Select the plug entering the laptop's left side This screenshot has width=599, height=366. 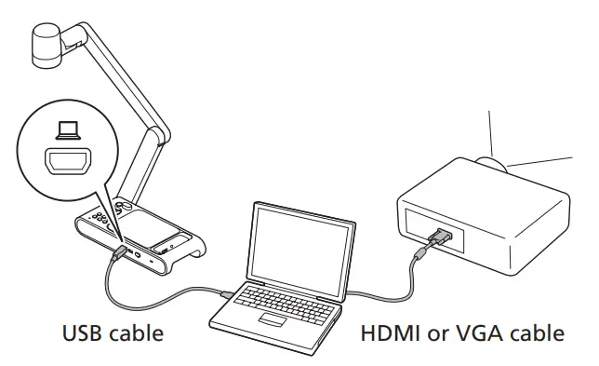(227, 296)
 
